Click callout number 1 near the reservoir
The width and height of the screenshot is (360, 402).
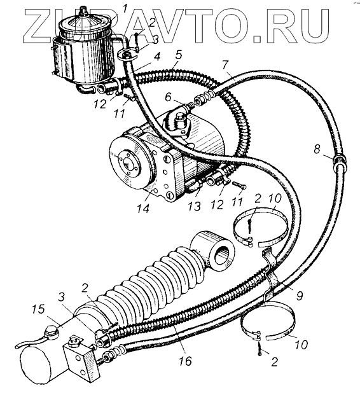(x=125, y=10)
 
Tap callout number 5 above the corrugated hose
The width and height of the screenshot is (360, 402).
(x=179, y=55)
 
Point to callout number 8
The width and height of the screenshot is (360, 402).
(x=317, y=149)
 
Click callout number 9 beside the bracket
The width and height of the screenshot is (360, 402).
(x=299, y=295)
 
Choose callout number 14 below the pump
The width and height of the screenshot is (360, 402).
(x=143, y=208)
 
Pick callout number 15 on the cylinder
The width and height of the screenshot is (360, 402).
(x=38, y=309)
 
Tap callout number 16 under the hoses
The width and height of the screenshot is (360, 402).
(x=185, y=361)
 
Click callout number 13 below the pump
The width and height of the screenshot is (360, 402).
(x=194, y=206)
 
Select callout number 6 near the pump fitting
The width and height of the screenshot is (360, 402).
(x=169, y=97)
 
